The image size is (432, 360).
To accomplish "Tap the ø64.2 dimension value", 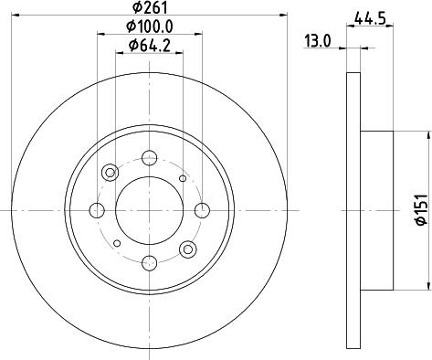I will [151, 47].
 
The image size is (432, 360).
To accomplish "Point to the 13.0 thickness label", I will [317, 40].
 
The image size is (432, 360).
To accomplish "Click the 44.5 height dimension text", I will [369, 16].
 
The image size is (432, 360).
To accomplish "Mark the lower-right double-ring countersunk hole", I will [188, 249].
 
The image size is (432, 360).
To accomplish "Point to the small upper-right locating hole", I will [183, 178].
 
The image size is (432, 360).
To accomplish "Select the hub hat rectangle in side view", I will [377, 211].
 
